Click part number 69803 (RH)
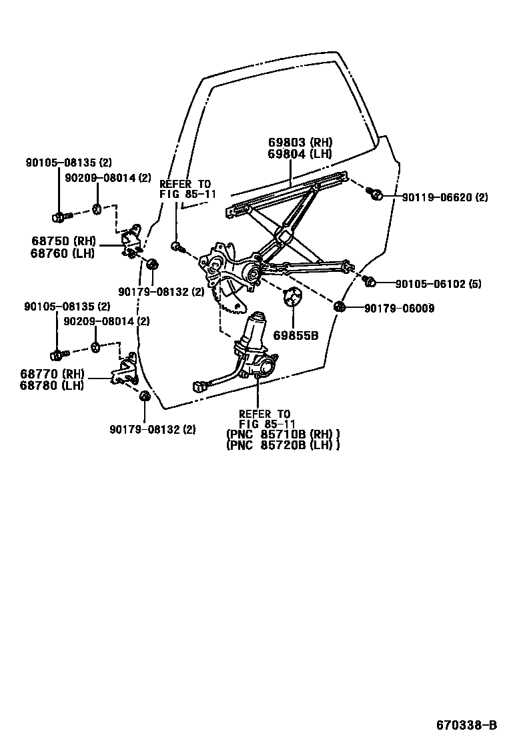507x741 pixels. [300, 143]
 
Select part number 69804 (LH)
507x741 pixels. [300, 154]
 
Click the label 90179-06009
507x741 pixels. [400, 308]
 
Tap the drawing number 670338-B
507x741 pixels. [467, 725]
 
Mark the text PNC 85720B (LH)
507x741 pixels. [283, 445]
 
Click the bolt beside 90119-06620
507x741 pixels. [376, 194]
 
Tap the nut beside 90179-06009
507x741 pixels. [339, 307]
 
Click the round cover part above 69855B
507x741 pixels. [292, 297]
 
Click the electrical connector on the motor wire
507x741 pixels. [199, 385]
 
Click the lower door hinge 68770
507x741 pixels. [125, 371]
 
